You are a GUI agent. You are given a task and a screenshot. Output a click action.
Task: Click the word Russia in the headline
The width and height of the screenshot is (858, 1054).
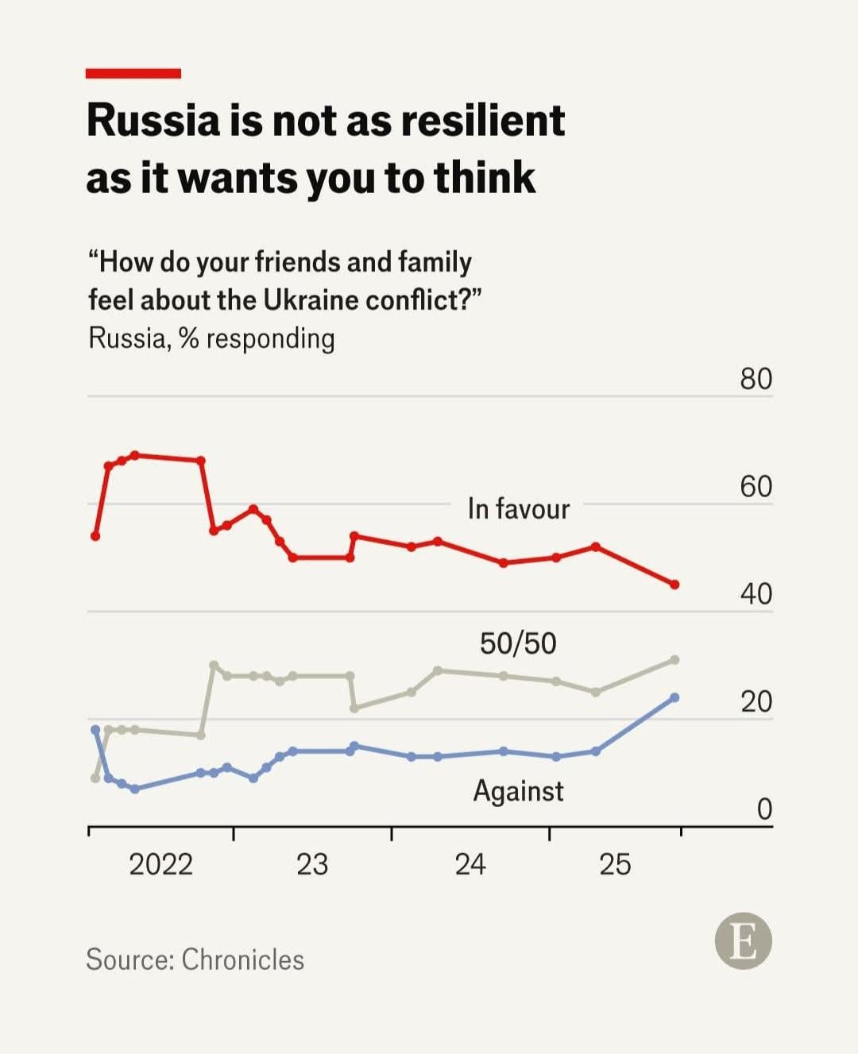click(x=153, y=121)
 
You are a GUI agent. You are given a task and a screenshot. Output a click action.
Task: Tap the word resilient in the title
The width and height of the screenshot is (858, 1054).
click(x=482, y=121)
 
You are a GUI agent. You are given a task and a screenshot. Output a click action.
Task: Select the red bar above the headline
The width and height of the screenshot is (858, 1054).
click(x=133, y=74)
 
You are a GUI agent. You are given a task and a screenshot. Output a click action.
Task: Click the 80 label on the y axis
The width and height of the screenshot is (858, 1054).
click(x=756, y=379)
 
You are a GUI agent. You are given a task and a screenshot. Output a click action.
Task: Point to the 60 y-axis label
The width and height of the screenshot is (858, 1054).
click(x=756, y=486)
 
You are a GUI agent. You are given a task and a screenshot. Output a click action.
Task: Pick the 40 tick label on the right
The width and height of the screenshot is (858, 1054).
click(x=756, y=593)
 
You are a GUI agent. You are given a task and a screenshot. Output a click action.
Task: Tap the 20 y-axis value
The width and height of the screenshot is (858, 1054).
click(x=756, y=701)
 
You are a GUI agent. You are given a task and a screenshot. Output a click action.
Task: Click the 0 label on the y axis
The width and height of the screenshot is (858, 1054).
click(x=763, y=809)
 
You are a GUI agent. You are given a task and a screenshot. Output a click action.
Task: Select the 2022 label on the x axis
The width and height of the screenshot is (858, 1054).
click(x=160, y=864)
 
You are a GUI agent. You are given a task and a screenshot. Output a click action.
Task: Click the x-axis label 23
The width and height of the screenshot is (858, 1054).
click(x=311, y=864)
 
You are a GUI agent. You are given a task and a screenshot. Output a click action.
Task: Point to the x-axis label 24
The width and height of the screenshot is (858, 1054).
click(x=470, y=864)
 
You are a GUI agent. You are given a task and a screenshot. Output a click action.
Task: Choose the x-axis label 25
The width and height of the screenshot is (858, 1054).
click(x=615, y=864)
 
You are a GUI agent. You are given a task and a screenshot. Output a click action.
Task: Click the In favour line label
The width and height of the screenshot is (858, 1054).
click(x=518, y=508)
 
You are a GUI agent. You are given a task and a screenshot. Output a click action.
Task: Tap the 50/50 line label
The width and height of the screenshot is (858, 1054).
click(x=518, y=643)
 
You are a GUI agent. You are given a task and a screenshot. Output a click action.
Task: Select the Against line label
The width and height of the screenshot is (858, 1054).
click(x=518, y=791)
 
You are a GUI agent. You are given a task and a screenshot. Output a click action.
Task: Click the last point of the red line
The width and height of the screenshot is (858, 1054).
click(x=674, y=585)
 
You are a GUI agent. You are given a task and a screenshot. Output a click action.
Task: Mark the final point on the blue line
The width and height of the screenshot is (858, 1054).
click(x=674, y=697)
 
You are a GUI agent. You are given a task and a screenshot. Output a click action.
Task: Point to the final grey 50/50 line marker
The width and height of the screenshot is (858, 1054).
click(x=674, y=660)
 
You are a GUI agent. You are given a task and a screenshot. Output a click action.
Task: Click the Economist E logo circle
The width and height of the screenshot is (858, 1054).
click(x=743, y=941)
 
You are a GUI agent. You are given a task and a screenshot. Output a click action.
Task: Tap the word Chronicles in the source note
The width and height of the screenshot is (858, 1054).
click(x=242, y=959)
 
